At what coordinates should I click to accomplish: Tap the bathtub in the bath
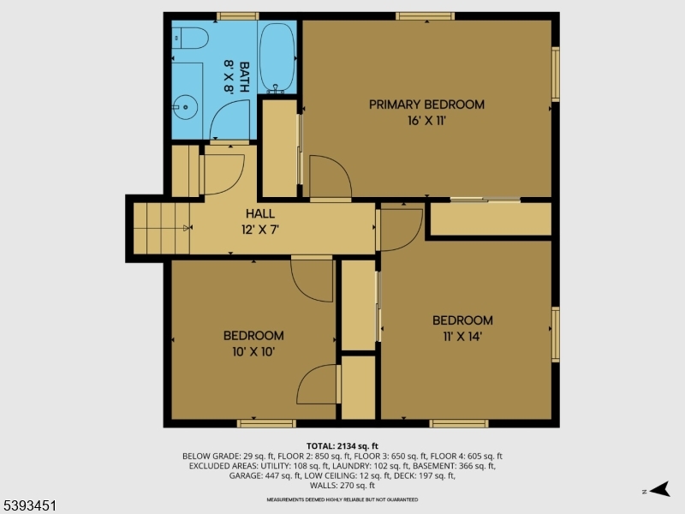click(x=277, y=57)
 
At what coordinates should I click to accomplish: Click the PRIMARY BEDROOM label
click(x=426, y=105)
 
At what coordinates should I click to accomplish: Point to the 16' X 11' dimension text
click(x=426, y=121)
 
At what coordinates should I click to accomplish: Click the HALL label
click(x=260, y=212)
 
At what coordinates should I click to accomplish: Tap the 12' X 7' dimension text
click(x=260, y=229)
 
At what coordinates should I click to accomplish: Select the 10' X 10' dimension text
click(x=253, y=350)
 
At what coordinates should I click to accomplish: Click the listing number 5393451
click(x=30, y=506)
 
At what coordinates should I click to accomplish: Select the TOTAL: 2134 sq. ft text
click(x=342, y=445)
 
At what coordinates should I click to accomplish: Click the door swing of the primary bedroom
click(x=330, y=177)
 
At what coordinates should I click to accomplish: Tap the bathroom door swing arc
click(x=229, y=120)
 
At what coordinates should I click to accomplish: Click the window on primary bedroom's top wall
click(x=425, y=15)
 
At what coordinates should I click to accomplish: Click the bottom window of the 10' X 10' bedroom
click(x=266, y=422)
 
